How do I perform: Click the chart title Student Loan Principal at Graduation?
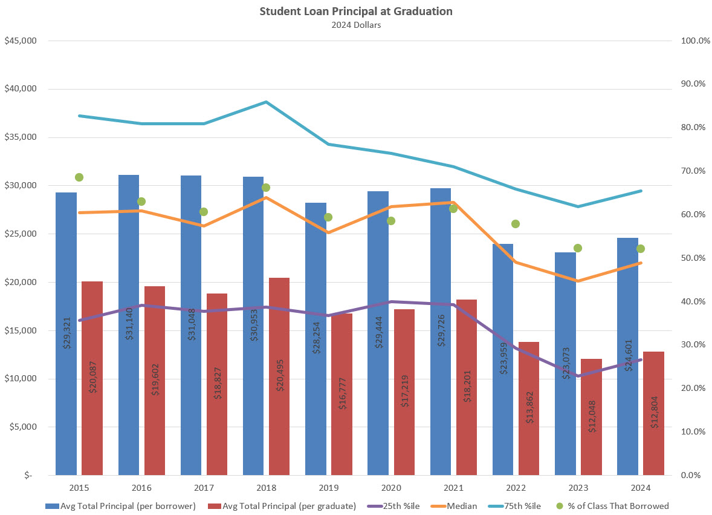click(x=355, y=11)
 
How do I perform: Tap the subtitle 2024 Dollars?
click(x=355, y=25)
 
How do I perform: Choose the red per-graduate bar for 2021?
click(x=467, y=387)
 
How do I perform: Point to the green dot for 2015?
click(x=79, y=177)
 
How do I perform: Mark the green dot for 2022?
click(x=516, y=224)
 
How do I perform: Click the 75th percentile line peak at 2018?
click(x=267, y=102)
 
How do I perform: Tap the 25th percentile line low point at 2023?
click(x=578, y=376)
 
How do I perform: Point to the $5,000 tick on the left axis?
click(x=23, y=427)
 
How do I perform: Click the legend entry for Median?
click(x=460, y=506)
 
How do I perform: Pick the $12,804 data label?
click(x=653, y=414)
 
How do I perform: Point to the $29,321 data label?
click(x=66, y=333)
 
